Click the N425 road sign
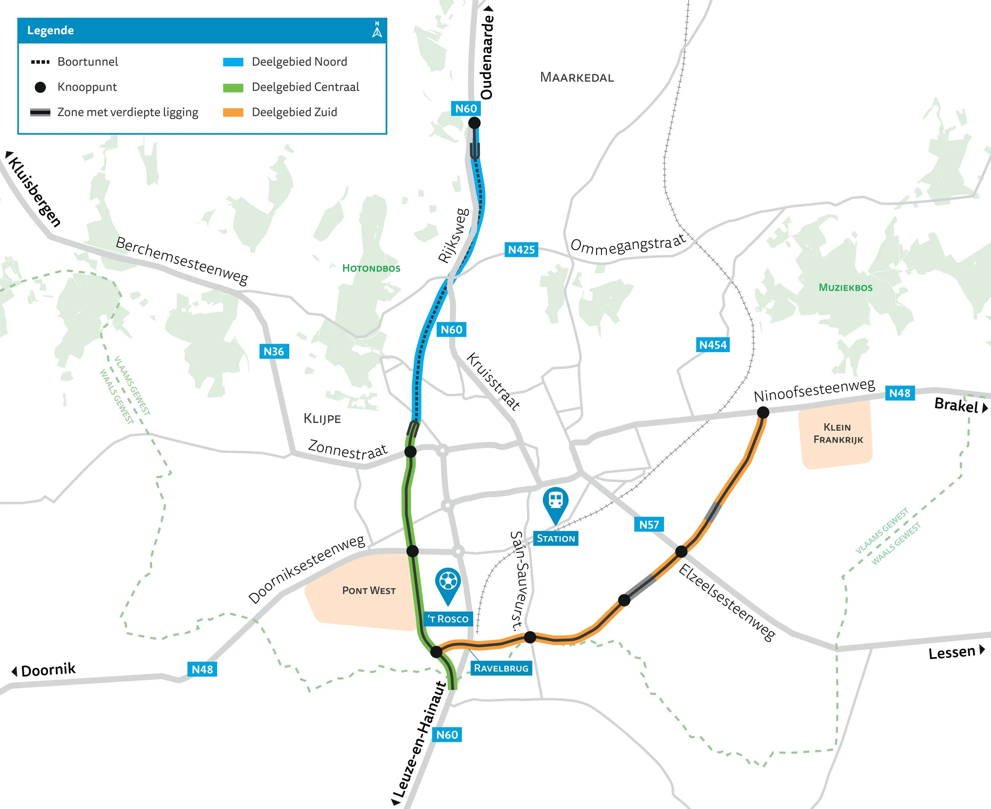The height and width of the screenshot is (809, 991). [521, 250]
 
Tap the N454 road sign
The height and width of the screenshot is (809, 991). [712, 345]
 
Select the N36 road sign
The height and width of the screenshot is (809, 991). [274, 351]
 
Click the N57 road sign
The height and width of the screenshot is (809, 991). [649, 525]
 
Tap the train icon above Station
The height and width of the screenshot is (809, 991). [556, 500]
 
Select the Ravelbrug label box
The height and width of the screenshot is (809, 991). [501, 668]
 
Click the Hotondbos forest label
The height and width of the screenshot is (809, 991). [371, 268]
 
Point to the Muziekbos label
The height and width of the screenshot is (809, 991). [846, 288]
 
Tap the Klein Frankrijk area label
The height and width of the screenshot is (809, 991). [838, 433]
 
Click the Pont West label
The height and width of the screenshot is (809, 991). [369, 590]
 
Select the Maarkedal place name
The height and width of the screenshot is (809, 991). [576, 77]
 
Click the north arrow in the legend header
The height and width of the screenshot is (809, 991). [377, 29]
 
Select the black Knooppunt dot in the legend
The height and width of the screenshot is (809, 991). [40, 87]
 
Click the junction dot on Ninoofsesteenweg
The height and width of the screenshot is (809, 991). [763, 412]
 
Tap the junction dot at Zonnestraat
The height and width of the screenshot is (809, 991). [410, 451]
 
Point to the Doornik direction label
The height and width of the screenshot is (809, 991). [48, 670]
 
